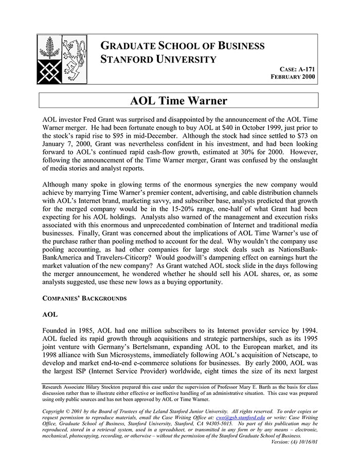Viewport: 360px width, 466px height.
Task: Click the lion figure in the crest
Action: pyautogui.click(x=74, y=50)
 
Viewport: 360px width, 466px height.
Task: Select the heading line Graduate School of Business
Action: pyautogui.click(x=183, y=45)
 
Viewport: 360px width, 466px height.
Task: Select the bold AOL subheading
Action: pyautogui.click(x=50, y=314)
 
